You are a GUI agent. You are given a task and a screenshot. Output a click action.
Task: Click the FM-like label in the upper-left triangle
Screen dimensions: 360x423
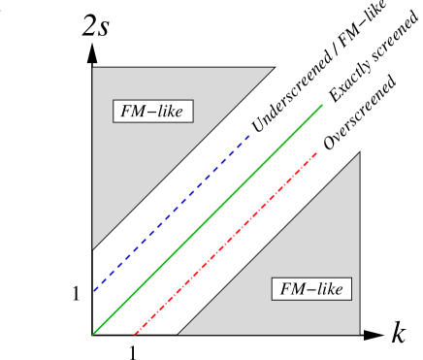(152, 111)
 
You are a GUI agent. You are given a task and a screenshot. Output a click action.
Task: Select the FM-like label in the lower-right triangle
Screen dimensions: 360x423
(311, 288)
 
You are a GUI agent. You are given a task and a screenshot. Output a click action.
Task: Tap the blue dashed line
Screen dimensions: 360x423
(172, 213)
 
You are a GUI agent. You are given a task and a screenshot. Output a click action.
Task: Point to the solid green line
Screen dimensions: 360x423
(208, 219)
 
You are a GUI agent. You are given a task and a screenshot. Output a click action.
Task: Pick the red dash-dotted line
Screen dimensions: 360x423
(226, 243)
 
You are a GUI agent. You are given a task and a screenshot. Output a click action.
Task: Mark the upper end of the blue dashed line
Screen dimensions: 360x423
(250, 135)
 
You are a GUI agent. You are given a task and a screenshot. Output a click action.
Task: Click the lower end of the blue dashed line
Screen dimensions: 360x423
(93, 290)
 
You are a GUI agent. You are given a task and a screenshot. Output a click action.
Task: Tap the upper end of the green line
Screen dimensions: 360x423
(322, 105)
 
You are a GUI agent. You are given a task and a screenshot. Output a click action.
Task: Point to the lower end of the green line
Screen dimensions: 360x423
(93, 334)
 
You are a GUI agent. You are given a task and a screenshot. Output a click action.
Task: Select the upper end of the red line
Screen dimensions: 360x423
(317, 152)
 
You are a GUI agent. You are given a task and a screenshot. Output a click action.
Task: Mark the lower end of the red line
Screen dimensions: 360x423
(135, 334)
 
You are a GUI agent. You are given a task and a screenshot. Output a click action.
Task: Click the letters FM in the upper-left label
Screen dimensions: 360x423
(133, 111)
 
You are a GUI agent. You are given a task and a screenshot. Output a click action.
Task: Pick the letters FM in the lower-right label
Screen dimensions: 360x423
(292, 288)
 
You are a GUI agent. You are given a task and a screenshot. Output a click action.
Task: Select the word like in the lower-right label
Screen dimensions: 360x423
(328, 288)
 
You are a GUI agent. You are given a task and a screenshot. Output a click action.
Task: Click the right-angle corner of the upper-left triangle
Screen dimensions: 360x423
(93, 68)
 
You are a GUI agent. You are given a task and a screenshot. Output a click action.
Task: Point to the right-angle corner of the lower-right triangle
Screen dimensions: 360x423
(359, 334)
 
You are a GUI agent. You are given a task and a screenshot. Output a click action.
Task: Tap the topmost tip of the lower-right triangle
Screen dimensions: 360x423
(359, 153)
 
